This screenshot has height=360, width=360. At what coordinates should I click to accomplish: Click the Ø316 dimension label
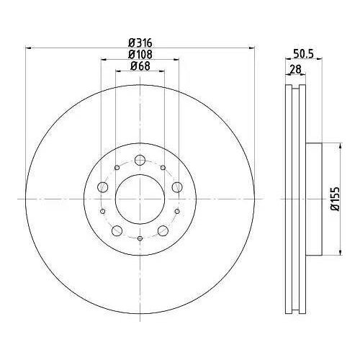tap(140, 43)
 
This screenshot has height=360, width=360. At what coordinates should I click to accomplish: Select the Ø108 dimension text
tap(140, 55)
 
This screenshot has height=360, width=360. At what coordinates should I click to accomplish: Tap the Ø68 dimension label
tap(140, 66)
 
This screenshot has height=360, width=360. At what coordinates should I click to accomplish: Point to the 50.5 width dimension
tap(303, 54)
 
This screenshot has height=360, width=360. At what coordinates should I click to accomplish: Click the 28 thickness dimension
tap(295, 70)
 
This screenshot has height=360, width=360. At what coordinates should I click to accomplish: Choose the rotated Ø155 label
tap(336, 199)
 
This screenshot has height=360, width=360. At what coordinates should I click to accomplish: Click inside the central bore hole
tap(140, 199)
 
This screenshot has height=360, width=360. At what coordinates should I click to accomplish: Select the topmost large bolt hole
tap(140, 160)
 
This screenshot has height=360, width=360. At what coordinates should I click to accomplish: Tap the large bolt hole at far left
tap(103, 187)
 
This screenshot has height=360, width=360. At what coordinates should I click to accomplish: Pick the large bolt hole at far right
tap(177, 187)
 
